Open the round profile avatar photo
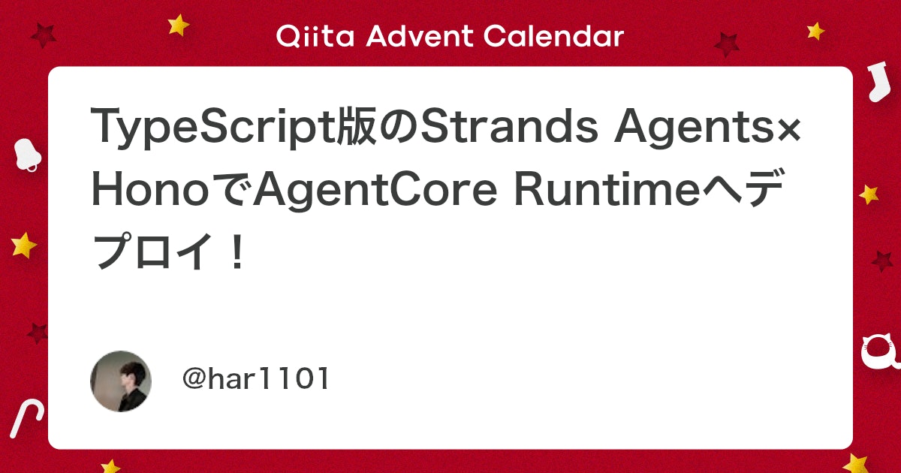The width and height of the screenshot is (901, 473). tap(121, 381)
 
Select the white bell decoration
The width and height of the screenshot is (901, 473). tap(28, 155)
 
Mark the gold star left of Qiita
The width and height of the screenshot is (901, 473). tap(179, 25)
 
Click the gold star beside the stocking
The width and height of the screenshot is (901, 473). tap(815, 31)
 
